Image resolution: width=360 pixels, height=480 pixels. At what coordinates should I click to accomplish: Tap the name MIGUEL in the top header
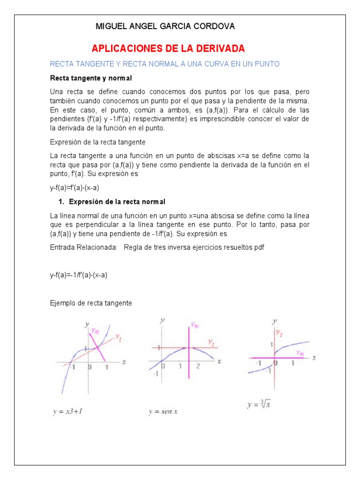click(x=111, y=26)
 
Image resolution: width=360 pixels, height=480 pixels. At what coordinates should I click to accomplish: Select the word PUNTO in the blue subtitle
click(x=267, y=64)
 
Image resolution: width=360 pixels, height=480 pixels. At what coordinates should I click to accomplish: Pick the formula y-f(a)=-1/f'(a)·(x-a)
click(x=79, y=275)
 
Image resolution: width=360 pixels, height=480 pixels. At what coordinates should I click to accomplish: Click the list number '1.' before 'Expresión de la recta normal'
click(x=61, y=202)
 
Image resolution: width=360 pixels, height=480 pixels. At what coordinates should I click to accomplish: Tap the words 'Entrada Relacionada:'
click(x=83, y=247)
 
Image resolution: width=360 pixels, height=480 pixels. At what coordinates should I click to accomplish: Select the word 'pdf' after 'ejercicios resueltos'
click(x=259, y=247)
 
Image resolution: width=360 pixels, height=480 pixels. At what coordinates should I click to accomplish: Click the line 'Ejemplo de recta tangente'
click(x=91, y=303)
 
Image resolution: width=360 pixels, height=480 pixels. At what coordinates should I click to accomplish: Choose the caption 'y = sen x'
click(x=163, y=412)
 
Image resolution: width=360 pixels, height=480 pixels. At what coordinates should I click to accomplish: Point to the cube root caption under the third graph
click(x=259, y=404)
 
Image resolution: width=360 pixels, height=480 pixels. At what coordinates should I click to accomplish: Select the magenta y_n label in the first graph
click(x=96, y=330)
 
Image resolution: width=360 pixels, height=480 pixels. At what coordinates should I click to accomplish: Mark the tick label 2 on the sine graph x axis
click(x=198, y=366)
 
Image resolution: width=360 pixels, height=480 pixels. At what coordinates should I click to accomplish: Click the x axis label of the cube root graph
click(x=314, y=357)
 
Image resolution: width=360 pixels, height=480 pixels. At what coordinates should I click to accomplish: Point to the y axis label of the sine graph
click(x=162, y=320)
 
